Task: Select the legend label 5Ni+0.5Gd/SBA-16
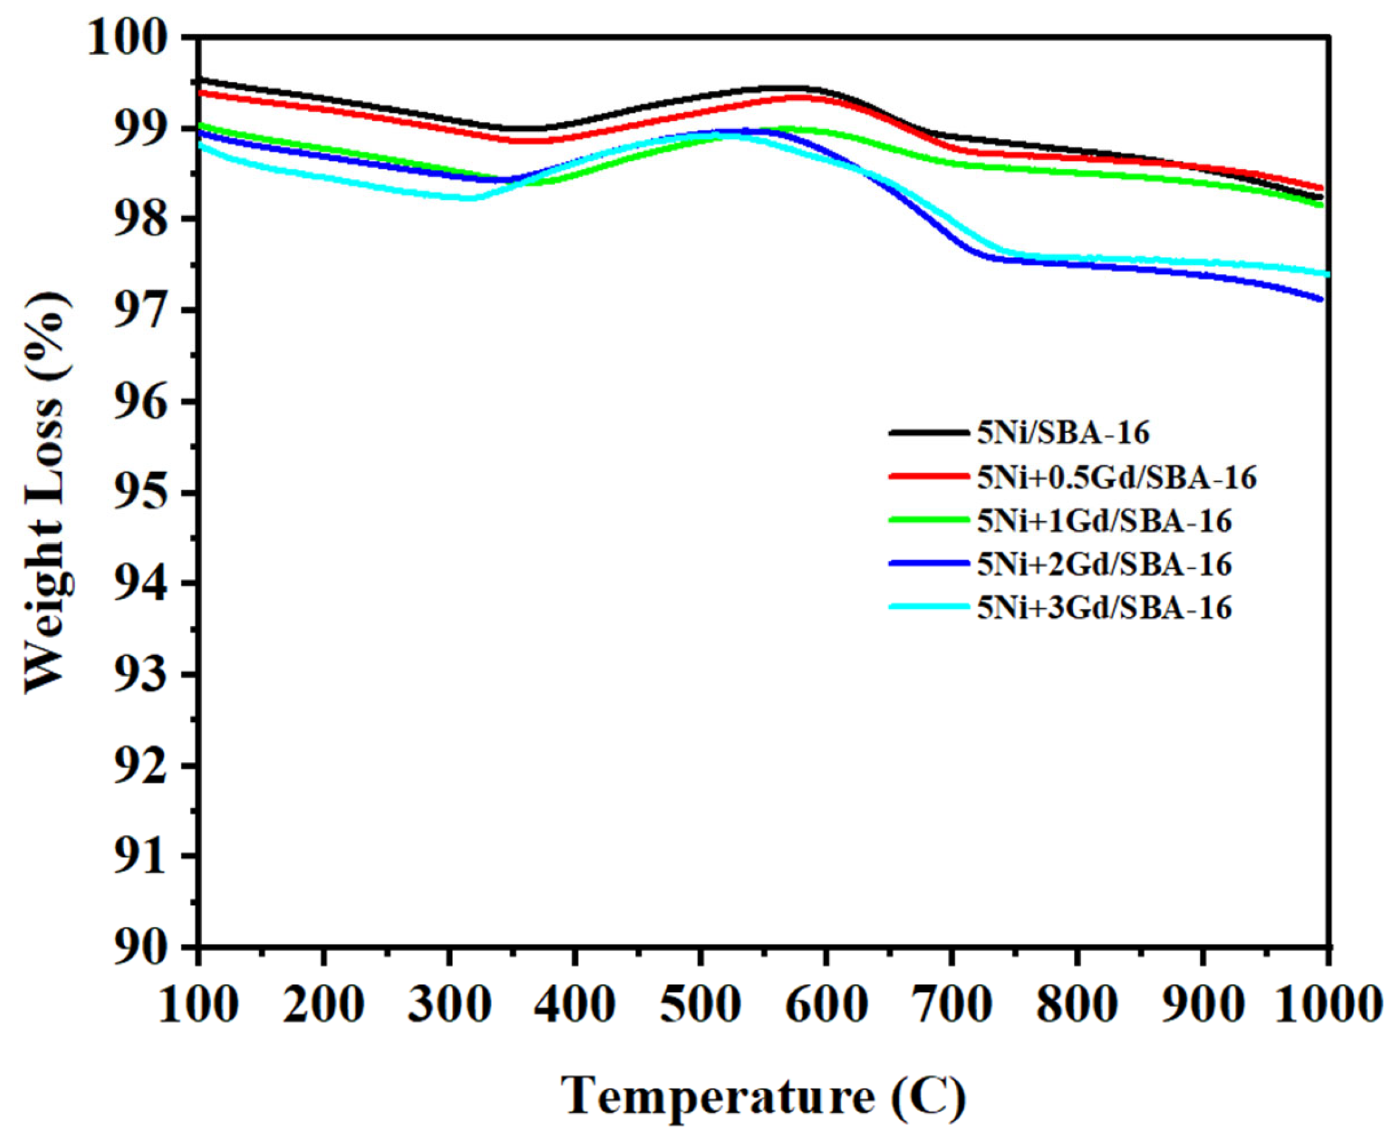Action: click(x=1116, y=477)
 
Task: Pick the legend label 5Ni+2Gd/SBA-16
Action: click(x=1103, y=564)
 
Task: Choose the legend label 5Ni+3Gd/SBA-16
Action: click(x=1103, y=608)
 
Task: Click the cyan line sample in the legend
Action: click(x=928, y=607)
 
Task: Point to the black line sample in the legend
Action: click(x=928, y=433)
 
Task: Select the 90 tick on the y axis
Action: click(x=146, y=946)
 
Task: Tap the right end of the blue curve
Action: click(x=1321, y=299)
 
